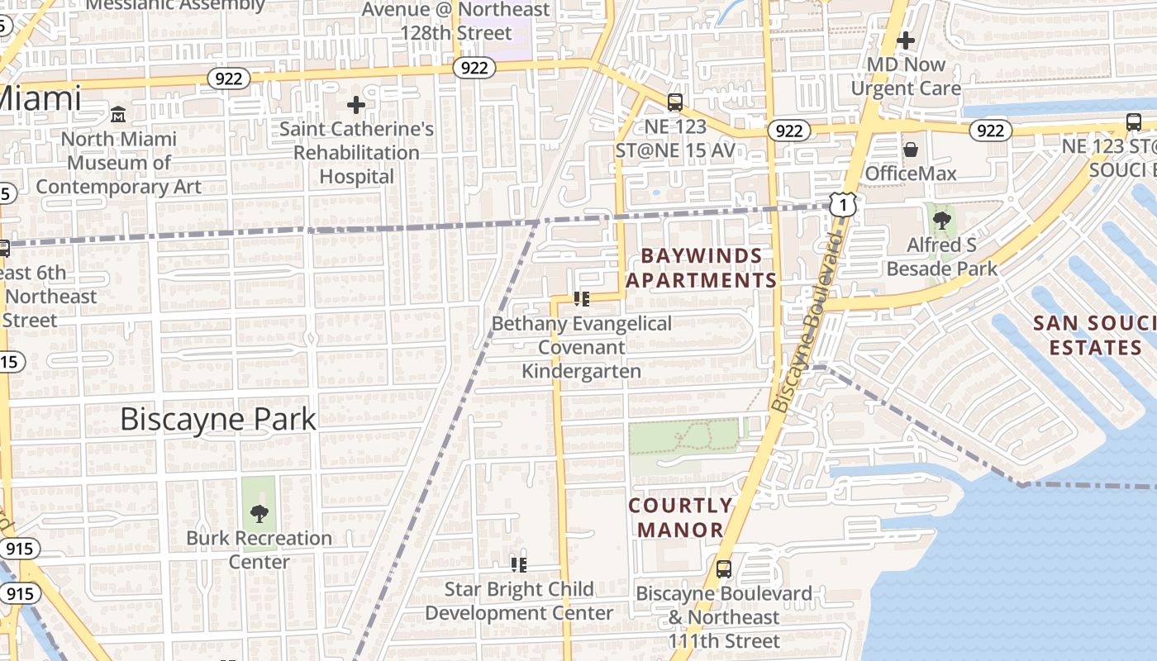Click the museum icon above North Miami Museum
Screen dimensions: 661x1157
[x=118, y=114]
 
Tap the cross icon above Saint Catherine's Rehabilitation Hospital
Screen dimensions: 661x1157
[x=356, y=105]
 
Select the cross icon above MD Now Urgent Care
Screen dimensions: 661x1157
[x=906, y=40]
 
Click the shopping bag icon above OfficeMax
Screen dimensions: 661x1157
[x=911, y=150]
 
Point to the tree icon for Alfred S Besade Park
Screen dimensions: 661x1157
[x=941, y=221]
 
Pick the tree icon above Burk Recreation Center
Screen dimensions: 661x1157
[x=259, y=514]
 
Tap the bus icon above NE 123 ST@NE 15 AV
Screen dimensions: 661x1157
[x=675, y=102]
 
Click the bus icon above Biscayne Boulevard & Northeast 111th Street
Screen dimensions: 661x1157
[x=723, y=569]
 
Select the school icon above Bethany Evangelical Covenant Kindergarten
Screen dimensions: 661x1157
[x=582, y=299]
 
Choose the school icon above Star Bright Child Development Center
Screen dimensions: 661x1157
[x=519, y=565]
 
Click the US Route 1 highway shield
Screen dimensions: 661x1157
[x=842, y=204]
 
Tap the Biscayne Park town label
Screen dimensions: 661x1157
[x=218, y=419]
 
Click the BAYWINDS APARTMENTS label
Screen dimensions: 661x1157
[x=702, y=268]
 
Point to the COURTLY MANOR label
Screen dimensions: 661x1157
[x=680, y=517]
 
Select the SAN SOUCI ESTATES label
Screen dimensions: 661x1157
[x=1094, y=335]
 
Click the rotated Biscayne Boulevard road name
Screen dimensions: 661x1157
[x=805, y=321]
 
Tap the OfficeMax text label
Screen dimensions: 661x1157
[x=911, y=174]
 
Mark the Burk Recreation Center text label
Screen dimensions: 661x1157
[x=259, y=550]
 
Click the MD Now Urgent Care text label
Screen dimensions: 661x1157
[x=906, y=76]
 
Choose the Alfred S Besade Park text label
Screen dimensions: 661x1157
[x=941, y=257]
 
